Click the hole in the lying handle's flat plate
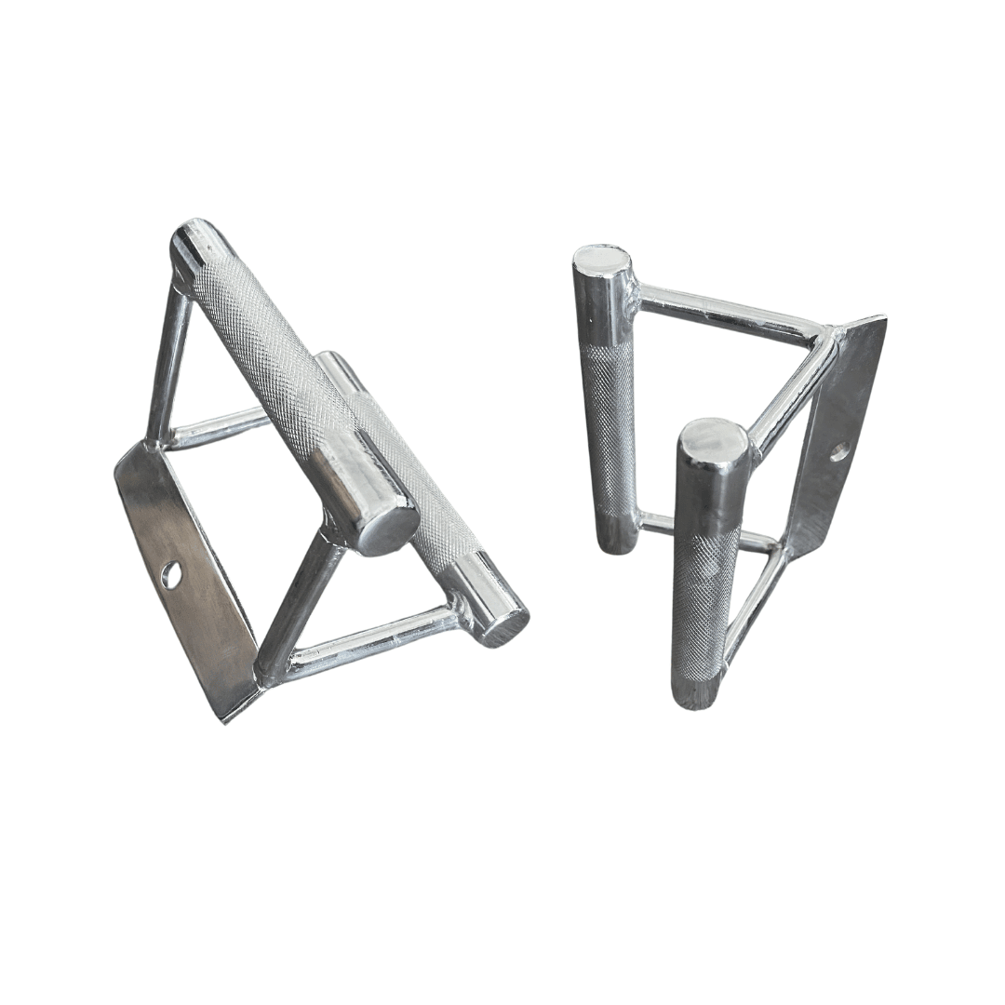[x=171, y=575]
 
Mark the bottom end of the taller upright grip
[x=613, y=540]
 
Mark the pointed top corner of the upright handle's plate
[x=879, y=322]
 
